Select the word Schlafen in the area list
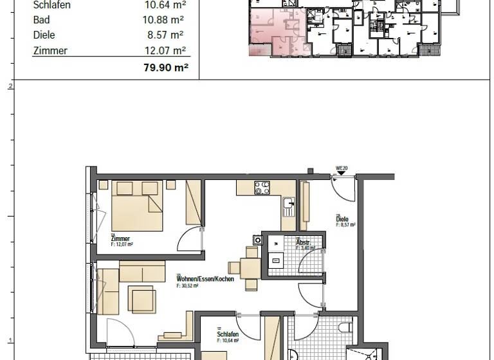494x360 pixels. pyautogui.click(x=51, y=5)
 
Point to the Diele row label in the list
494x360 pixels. pyautogui.click(x=44, y=35)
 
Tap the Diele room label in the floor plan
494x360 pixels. pyautogui.click(x=343, y=219)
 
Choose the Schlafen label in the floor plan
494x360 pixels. pyautogui.click(x=228, y=335)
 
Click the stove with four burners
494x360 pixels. pyautogui.click(x=262, y=188)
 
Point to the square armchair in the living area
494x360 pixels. pyautogui.click(x=141, y=298)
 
